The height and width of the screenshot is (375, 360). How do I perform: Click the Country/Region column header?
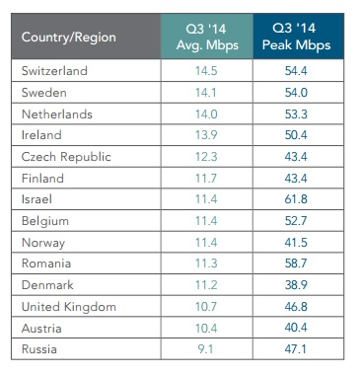point(69,37)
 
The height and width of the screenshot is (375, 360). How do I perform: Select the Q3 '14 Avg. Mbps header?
point(207,37)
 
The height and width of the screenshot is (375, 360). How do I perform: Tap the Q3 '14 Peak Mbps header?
point(296,37)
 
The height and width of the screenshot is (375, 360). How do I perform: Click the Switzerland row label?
point(54,71)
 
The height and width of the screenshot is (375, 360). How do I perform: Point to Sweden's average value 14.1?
point(206,93)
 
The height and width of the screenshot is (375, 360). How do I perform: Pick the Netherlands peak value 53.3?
point(296,114)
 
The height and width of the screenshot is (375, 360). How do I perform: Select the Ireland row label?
point(41,135)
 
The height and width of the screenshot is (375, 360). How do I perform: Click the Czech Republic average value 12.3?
point(206,157)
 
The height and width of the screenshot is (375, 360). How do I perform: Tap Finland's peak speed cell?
point(296,179)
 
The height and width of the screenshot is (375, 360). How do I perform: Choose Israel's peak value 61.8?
point(296,199)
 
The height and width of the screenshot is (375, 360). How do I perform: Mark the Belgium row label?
point(45,221)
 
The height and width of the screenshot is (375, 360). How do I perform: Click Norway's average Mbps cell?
point(206,243)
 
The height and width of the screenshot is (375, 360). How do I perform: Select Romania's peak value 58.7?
point(296,263)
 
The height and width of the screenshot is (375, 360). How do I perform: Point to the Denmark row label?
point(47,285)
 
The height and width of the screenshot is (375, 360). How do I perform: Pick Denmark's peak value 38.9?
point(296,285)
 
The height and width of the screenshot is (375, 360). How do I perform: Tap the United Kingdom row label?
point(69,307)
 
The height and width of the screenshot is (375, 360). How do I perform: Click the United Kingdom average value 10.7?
point(206,307)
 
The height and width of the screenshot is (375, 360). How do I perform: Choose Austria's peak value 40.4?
point(296,328)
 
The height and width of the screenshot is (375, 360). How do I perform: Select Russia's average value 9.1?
point(205,349)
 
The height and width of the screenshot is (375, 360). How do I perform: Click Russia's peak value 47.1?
point(295,348)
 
